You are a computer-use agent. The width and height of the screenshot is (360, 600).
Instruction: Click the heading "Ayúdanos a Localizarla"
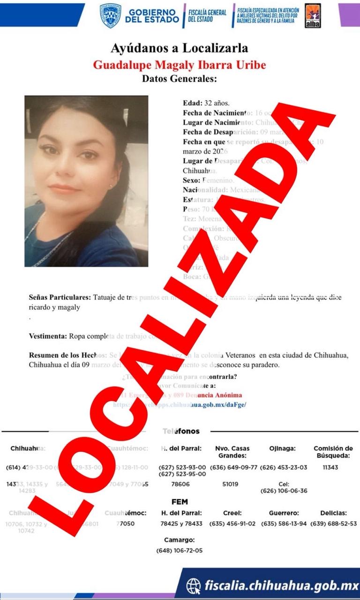(x=180, y=48)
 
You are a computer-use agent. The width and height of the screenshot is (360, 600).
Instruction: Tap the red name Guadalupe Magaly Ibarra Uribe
(x=180, y=64)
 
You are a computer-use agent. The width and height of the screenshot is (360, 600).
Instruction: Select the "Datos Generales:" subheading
(x=180, y=79)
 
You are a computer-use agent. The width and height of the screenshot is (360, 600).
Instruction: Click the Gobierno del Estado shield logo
(x=111, y=15)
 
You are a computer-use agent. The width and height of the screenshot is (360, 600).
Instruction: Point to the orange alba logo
(x=313, y=15)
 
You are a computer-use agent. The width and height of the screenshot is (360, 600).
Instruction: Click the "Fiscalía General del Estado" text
(x=207, y=15)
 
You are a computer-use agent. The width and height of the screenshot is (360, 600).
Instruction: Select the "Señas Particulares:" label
(x=60, y=298)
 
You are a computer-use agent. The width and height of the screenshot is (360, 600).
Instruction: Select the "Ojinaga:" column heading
(x=282, y=449)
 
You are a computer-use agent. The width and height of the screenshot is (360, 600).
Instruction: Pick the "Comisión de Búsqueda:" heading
(x=333, y=452)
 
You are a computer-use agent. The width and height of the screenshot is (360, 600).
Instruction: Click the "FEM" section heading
(x=180, y=502)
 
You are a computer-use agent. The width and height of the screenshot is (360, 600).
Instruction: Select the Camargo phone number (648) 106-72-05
(x=180, y=551)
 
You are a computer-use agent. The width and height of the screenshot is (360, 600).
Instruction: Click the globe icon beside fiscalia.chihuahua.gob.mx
(x=193, y=585)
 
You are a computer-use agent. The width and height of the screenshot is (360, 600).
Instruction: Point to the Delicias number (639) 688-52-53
(x=333, y=524)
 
